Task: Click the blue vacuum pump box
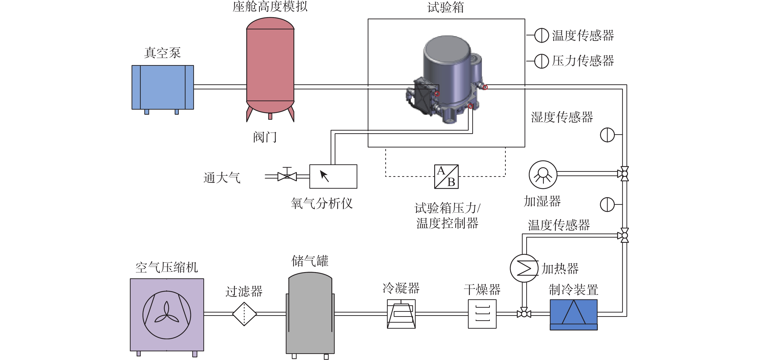[163, 87]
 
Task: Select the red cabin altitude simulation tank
[270, 65]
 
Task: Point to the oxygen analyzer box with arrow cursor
[333, 176]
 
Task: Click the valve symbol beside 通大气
[287, 176]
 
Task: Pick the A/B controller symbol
[446, 176]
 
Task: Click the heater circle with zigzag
[524, 268]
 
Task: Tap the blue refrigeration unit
[573, 314]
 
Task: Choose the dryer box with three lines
[482, 314]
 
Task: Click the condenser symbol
[401, 314]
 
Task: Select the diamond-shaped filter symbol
[244, 314]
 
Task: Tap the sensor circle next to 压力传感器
[541, 61]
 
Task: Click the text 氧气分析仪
[321, 203]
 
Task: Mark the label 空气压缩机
[166, 267]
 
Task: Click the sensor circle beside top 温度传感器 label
[541, 35]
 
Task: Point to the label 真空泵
[162, 53]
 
